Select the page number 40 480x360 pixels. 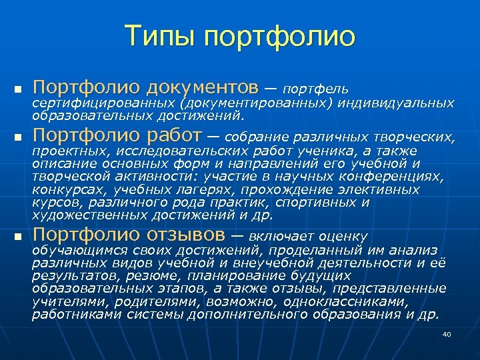(447, 334)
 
